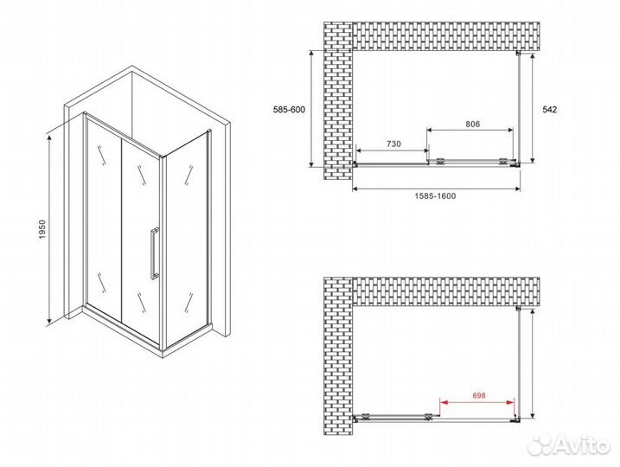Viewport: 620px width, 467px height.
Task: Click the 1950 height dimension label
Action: tap(42, 229)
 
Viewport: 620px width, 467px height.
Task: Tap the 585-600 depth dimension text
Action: tap(289, 110)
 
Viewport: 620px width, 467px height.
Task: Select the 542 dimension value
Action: tap(549, 110)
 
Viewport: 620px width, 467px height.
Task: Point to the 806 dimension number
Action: tap(472, 125)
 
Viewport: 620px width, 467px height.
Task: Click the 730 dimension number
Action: tap(393, 144)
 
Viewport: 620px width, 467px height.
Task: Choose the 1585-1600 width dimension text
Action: tap(435, 196)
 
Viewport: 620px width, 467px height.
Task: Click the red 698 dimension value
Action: tap(479, 395)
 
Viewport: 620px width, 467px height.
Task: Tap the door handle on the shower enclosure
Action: tap(154, 253)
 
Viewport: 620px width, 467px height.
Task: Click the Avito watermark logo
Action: tap(569, 445)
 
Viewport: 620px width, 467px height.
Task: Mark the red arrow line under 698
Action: tap(477, 402)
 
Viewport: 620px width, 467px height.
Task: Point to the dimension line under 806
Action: tap(470, 130)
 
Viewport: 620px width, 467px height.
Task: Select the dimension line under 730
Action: tap(393, 150)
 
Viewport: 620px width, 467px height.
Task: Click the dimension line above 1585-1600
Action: tap(436, 189)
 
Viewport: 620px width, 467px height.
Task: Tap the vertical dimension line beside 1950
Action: tap(49, 229)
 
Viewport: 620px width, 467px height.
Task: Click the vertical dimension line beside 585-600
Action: tap(311, 109)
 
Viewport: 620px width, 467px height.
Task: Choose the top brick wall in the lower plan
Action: tap(446, 291)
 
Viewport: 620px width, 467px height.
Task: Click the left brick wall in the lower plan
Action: tap(338, 356)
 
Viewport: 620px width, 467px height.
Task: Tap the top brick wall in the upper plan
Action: tap(446, 36)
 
